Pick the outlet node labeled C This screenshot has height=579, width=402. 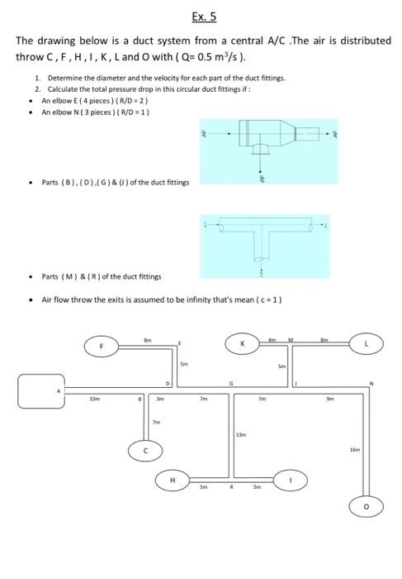[145, 450]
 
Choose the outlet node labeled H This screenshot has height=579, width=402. [173, 480]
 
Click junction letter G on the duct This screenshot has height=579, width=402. [232, 382]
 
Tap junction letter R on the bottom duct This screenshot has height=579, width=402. [234, 488]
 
